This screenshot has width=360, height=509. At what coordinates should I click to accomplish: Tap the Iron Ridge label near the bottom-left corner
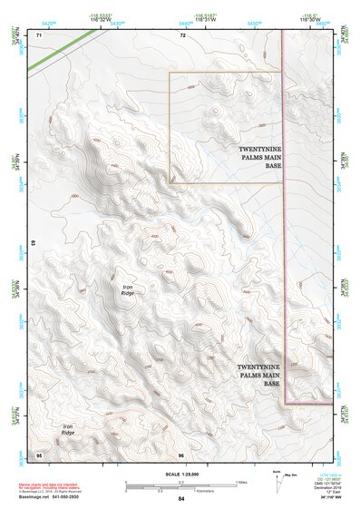coord(68,430)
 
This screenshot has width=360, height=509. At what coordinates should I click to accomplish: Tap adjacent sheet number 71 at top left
coord(39,34)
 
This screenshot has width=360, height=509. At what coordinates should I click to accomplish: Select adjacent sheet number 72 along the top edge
coord(182,34)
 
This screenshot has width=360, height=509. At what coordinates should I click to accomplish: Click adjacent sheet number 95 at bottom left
coord(39,455)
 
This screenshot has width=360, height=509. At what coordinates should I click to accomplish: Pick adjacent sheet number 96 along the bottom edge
coord(181,455)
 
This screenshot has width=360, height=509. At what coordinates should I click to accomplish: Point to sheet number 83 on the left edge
coord(34,244)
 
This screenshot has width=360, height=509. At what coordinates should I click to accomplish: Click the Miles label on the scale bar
coord(241,482)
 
